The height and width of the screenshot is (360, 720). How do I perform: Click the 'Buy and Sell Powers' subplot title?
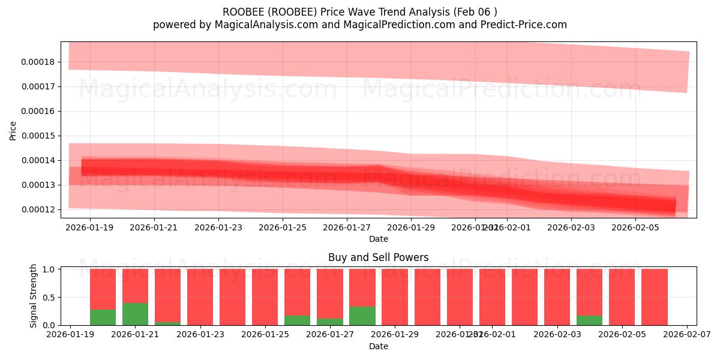378,257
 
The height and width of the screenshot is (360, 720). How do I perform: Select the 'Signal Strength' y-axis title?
34,296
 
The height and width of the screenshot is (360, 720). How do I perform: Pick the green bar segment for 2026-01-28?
362,316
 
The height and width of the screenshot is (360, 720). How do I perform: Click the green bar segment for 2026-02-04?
589,320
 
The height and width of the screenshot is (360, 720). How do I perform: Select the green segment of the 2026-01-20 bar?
103,317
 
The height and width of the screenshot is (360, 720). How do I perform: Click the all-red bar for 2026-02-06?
654,297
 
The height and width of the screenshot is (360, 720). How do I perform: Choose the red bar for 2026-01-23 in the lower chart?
200,297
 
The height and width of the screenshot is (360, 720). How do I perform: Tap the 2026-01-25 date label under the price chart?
283,227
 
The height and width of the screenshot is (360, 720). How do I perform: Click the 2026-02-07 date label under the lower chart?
686,335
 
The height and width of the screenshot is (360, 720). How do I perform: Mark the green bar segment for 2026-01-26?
297,320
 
